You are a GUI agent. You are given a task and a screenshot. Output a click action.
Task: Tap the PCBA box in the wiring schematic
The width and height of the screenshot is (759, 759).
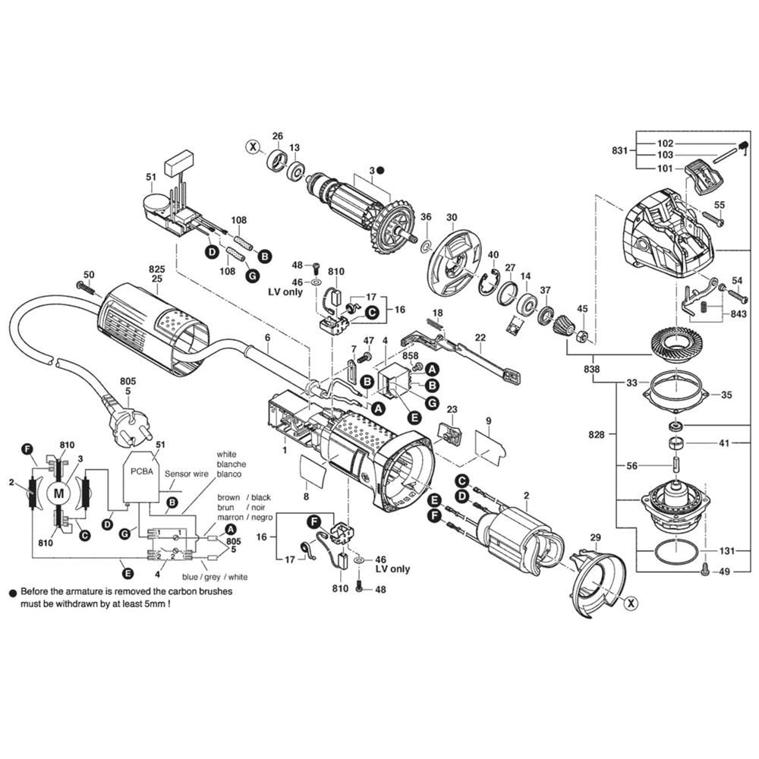point(143,477)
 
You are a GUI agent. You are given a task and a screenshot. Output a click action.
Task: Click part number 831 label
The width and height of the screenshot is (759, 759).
point(619,150)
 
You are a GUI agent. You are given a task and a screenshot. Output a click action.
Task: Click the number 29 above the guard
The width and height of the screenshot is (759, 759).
point(595,537)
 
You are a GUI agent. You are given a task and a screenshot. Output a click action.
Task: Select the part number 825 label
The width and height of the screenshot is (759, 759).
point(157,269)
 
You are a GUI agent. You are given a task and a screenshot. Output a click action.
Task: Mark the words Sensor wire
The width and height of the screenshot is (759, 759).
point(187,474)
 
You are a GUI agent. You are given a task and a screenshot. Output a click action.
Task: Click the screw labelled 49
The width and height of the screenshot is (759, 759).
point(705,572)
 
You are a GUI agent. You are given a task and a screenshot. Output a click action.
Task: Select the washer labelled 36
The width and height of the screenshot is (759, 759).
point(426,242)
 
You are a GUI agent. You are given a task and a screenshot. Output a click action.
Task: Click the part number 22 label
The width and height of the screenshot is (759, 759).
point(480,338)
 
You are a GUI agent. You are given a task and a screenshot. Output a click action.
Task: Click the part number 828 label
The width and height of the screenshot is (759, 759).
point(597,435)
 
